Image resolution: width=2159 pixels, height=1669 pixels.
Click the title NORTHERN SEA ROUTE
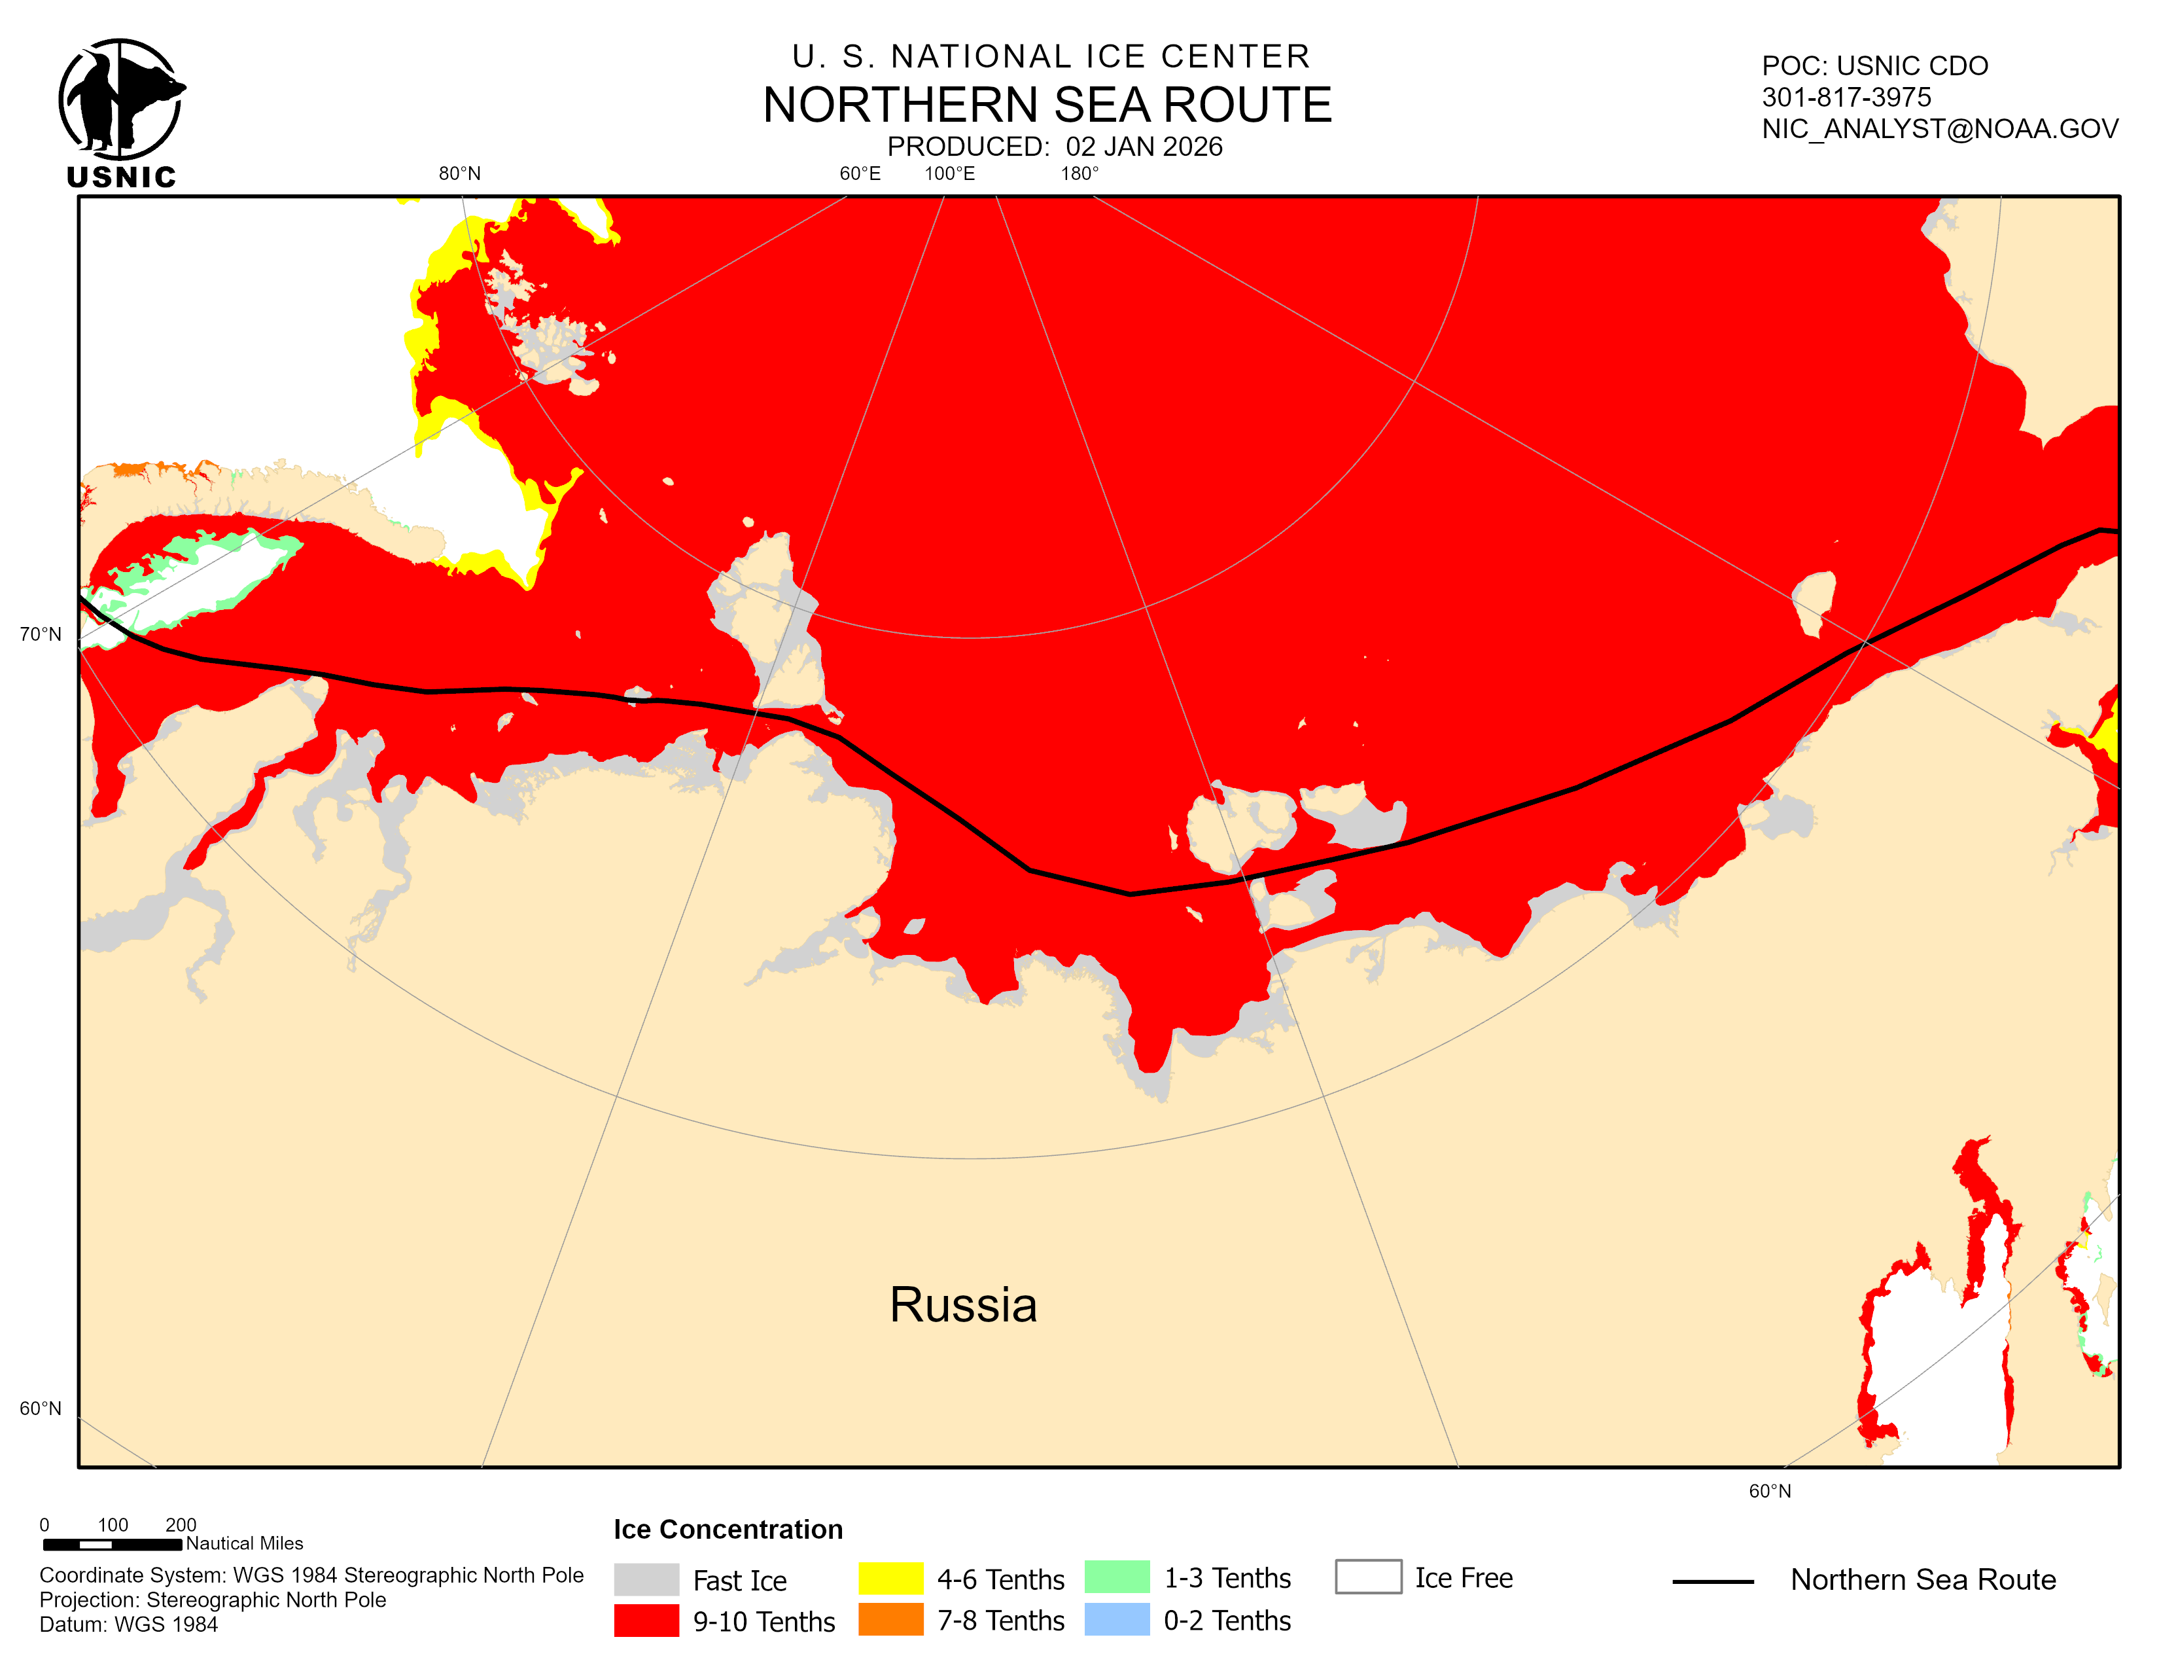1047,105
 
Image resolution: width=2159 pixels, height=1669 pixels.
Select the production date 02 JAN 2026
1144,147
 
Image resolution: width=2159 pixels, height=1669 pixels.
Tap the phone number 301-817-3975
1846,97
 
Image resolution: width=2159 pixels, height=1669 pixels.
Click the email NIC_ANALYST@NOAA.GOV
1940,128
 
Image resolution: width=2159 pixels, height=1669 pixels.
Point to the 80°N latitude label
460,174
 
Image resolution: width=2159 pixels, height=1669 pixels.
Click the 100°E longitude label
949,174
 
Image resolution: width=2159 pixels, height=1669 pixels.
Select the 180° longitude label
1079,174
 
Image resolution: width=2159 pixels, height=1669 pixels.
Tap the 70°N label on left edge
41,634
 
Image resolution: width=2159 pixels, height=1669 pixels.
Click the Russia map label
963,1304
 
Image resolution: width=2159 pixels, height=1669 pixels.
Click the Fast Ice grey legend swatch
646,1579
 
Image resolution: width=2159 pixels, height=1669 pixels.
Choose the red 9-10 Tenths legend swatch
646,1621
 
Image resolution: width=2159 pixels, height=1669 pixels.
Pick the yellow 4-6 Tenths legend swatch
890,1578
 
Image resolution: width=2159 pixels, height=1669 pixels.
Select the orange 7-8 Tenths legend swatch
890,1619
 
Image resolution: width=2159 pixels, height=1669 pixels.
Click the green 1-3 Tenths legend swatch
1117,1577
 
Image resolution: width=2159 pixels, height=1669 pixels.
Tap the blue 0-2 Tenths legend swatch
1117,1619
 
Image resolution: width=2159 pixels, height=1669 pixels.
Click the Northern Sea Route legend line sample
1713,1582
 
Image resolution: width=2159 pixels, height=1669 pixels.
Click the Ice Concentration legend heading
728,1530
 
